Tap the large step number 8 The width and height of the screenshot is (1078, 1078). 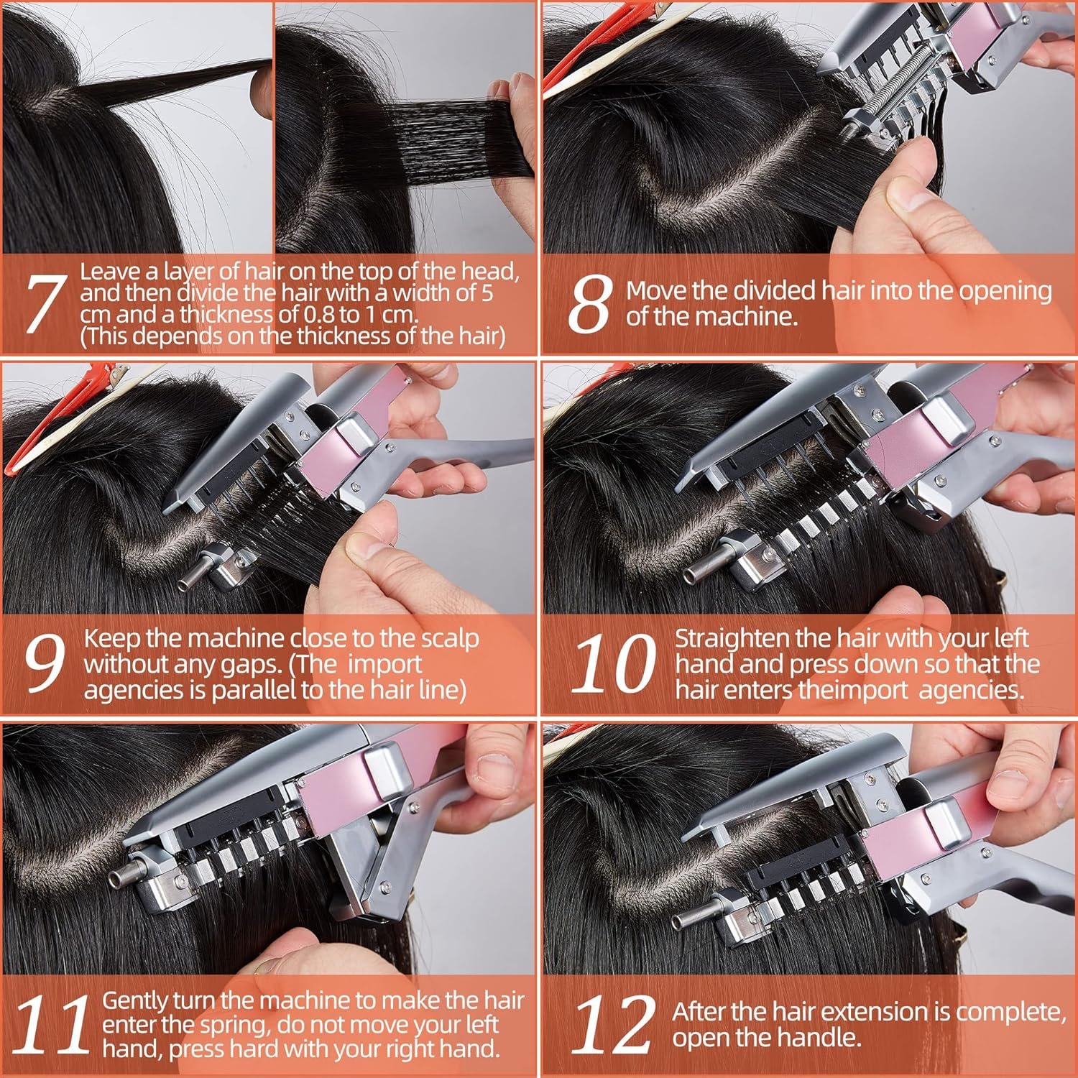point(591,305)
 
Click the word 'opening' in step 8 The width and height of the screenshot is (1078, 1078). point(1005,292)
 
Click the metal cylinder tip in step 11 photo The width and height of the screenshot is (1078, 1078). point(118,879)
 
